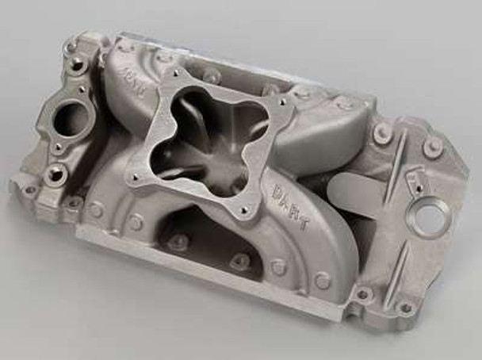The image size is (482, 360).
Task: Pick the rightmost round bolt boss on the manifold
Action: (x=433, y=146)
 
